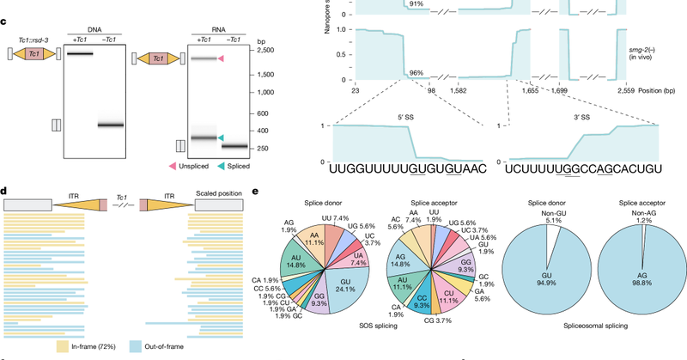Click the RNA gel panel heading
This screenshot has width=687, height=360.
click(204, 25)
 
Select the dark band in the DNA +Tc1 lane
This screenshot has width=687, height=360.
click(79, 53)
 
